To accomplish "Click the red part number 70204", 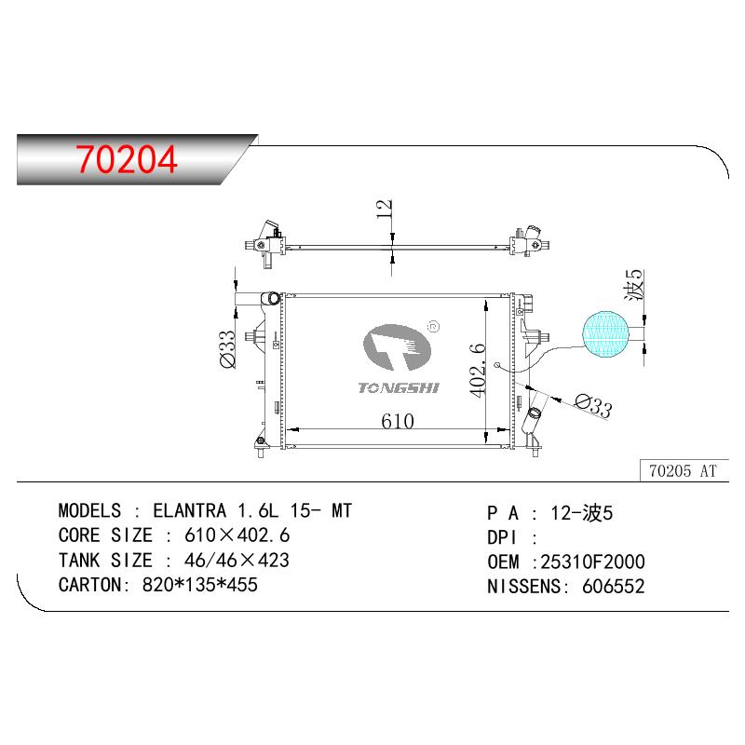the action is pyautogui.click(x=127, y=159).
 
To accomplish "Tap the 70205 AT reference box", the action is pyautogui.click(x=684, y=470).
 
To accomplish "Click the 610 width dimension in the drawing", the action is pyautogui.click(x=398, y=421).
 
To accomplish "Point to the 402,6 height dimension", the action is pyautogui.click(x=477, y=370).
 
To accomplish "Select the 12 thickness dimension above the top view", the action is pyautogui.click(x=384, y=209).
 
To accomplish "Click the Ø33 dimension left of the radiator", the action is pyautogui.click(x=227, y=349).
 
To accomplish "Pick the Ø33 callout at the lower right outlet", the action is pyautogui.click(x=593, y=406).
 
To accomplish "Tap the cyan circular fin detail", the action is pyautogui.click(x=606, y=333).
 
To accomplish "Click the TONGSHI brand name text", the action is pyautogui.click(x=399, y=388).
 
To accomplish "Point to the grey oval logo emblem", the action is pyautogui.click(x=398, y=347).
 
